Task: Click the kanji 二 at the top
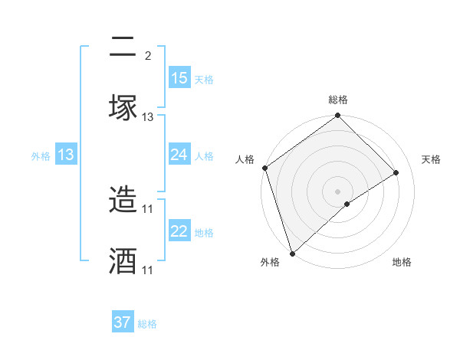[123, 48]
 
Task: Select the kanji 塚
[123, 107]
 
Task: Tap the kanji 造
[123, 201]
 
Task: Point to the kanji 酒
[123, 261]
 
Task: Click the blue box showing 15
[179, 78]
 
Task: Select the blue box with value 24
[179, 155]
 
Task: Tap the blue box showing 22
[179, 231]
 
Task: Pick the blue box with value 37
[123, 322]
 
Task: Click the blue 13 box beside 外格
[66, 155]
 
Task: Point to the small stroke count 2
[148, 56]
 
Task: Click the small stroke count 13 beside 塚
[148, 117]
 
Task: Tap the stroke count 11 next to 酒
[148, 270]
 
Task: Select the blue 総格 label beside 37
[147, 324]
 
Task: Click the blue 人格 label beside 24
[204, 155]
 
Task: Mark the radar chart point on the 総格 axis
[338, 116]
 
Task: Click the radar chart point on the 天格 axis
[396, 173]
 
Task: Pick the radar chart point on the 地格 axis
[347, 204]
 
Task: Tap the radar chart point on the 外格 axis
[292, 253]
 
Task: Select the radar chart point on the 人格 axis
[265, 168]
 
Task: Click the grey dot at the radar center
[338, 191]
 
